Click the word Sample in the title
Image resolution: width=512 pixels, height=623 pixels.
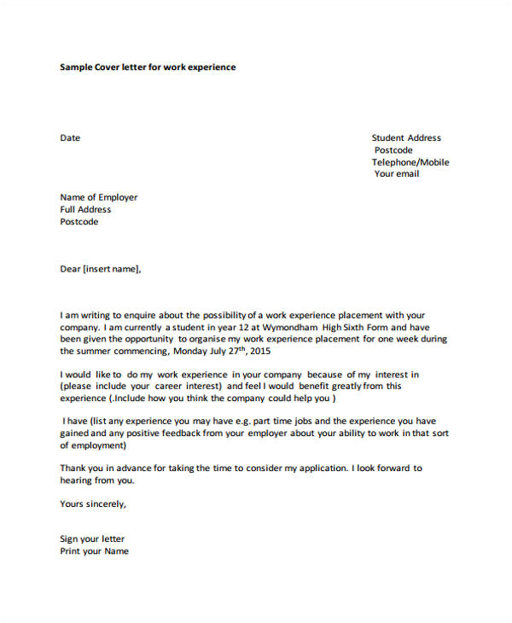pyautogui.click(x=78, y=67)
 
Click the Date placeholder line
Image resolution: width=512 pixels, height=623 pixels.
pyautogui.click(x=70, y=137)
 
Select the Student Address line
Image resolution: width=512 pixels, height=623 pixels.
pyautogui.click(x=406, y=137)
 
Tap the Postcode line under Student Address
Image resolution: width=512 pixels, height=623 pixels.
pyautogui.click(x=393, y=150)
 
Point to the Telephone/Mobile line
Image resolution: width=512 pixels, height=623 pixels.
pyautogui.click(x=410, y=162)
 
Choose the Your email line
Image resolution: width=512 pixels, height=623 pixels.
pyautogui.click(x=397, y=174)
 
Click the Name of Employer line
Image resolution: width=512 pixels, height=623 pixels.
pyautogui.click(x=98, y=197)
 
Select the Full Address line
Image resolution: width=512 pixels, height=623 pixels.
pyautogui.click(x=85, y=209)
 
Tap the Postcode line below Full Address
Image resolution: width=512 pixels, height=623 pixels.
pyautogui.click(x=79, y=222)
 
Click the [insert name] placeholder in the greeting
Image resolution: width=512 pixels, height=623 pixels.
pyautogui.click(x=108, y=269)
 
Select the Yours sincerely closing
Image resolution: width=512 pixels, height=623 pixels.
pyautogui.click(x=93, y=504)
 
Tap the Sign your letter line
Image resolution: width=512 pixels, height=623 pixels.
pyautogui.click(x=92, y=539)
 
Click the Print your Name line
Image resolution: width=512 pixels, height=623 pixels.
pyautogui.click(x=94, y=550)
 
